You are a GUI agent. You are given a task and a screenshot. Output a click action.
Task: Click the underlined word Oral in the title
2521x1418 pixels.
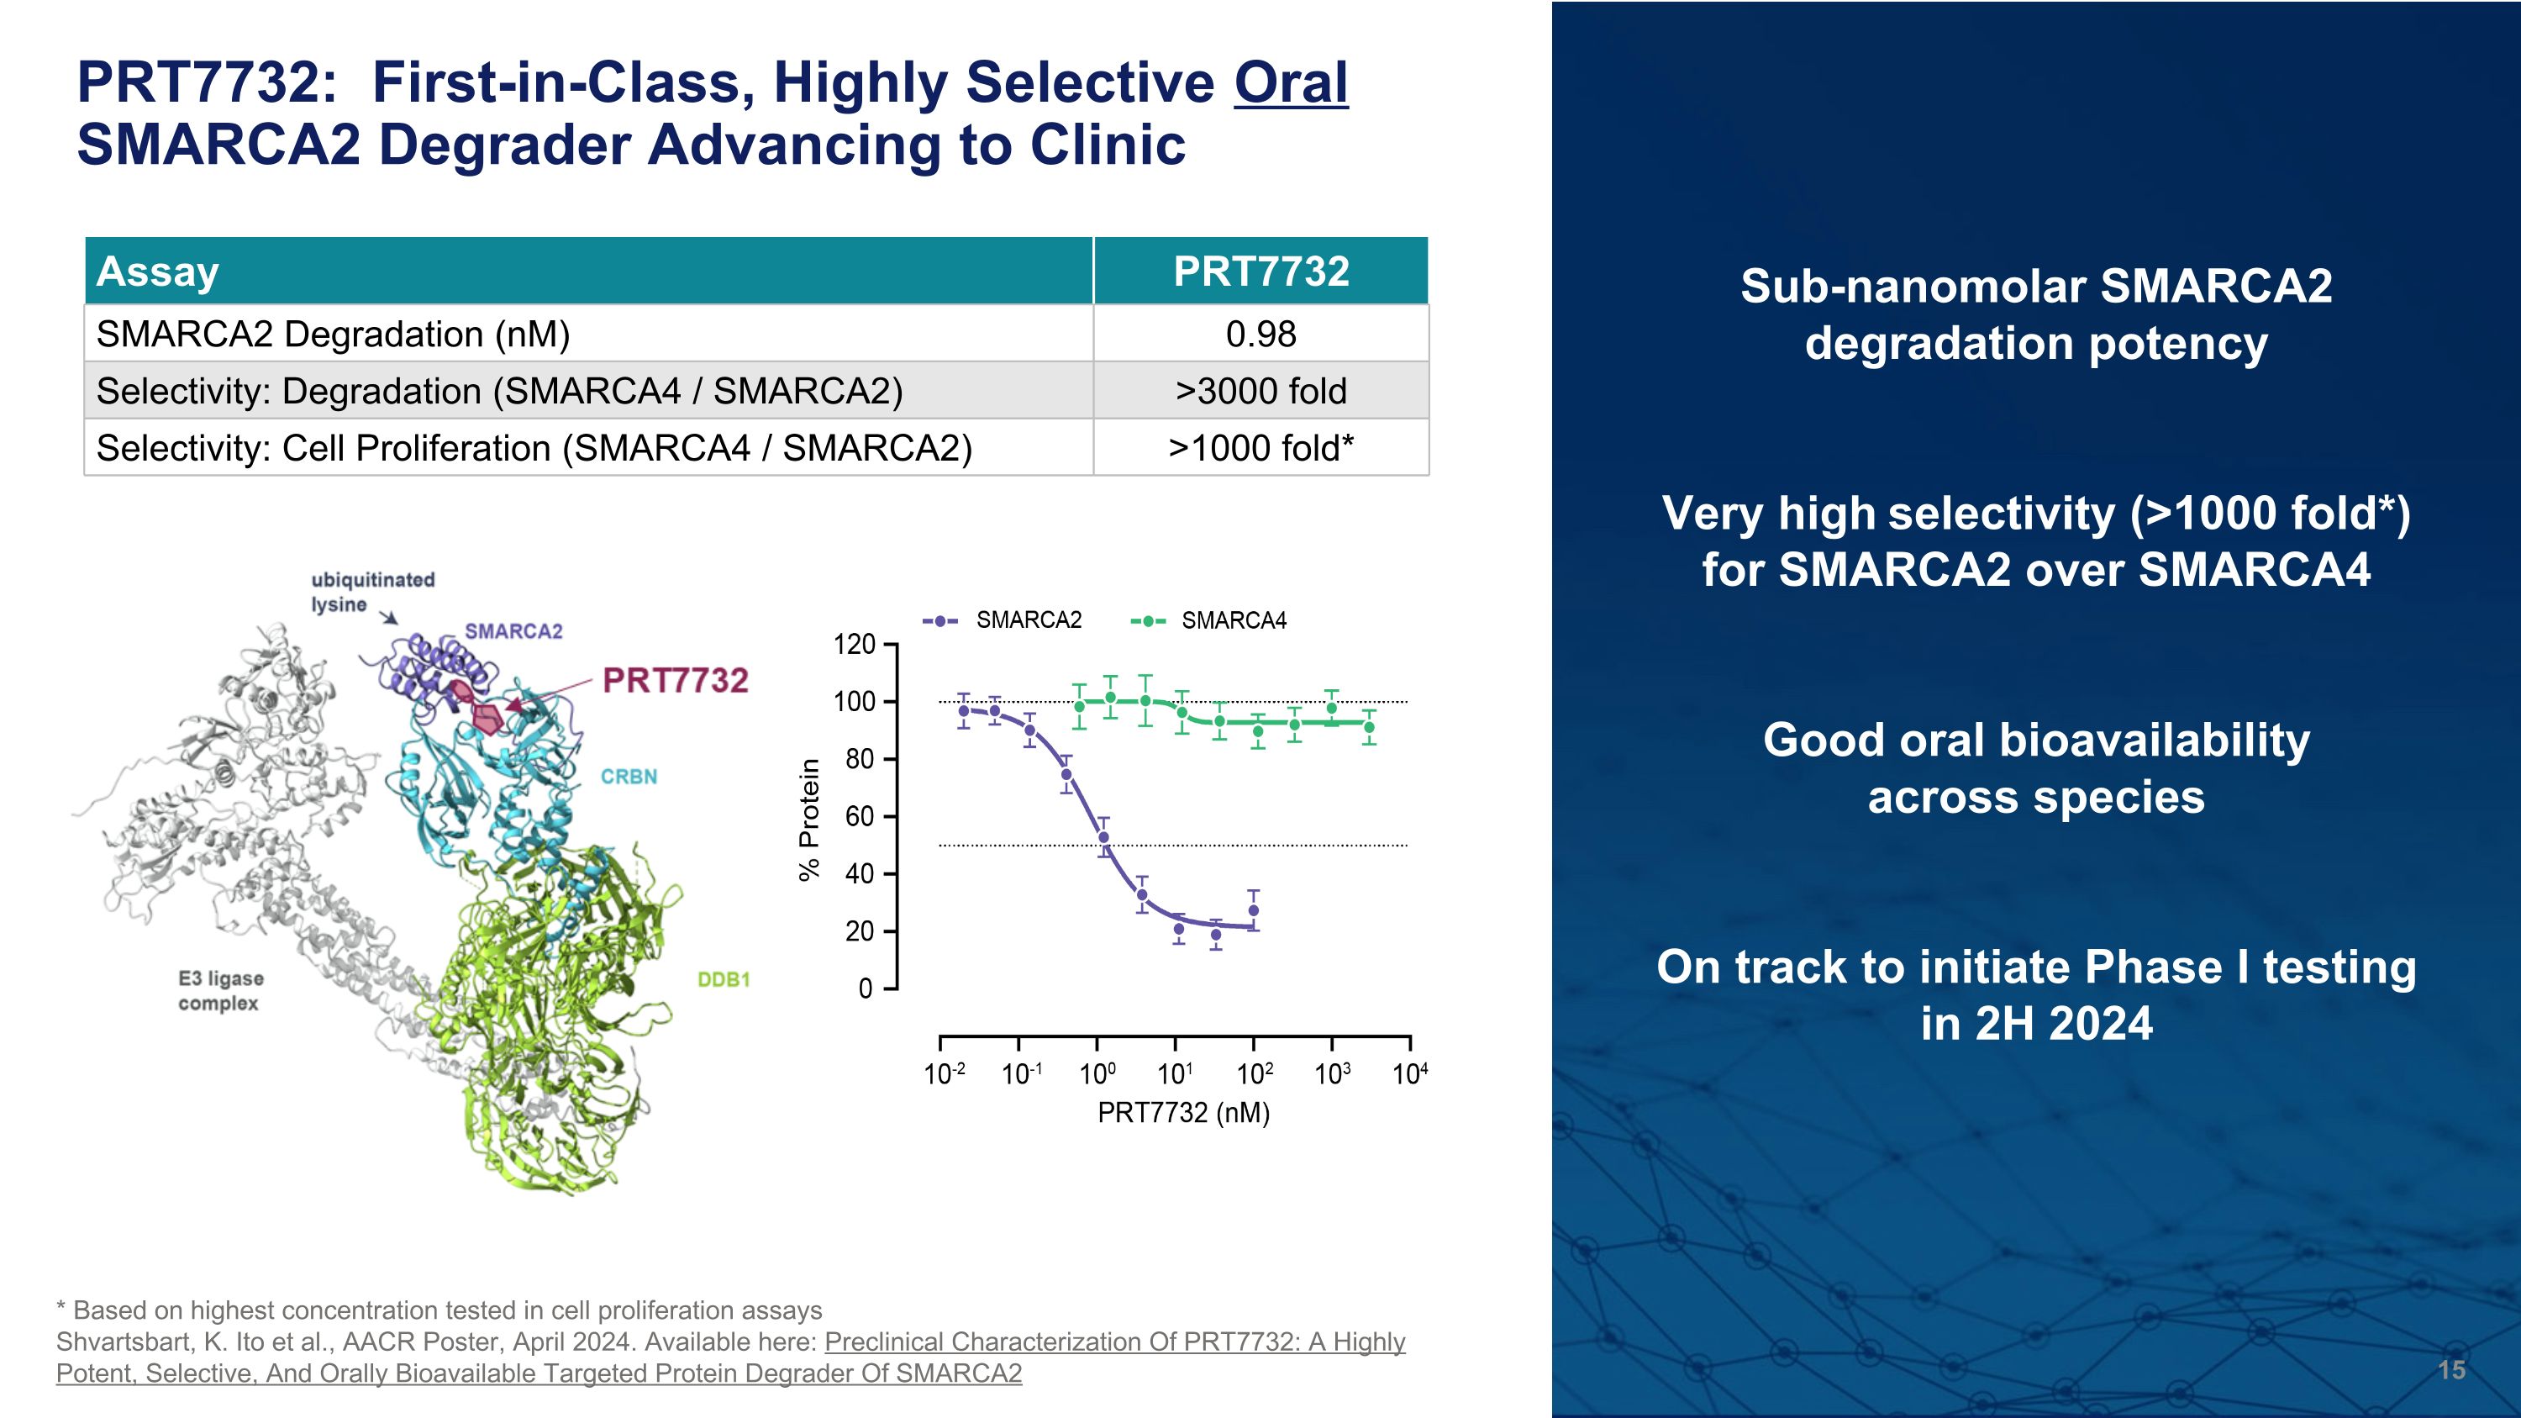pyautogui.click(x=1290, y=82)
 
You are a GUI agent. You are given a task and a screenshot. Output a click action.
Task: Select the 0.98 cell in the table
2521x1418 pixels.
pyautogui.click(x=1260, y=334)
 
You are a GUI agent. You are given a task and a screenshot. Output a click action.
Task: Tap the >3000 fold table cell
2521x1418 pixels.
pyautogui.click(x=1260, y=392)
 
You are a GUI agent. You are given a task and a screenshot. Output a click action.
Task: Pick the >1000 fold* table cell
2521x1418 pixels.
pyautogui.click(x=1260, y=448)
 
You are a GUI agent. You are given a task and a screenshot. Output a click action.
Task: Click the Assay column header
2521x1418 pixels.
pyautogui.click(x=158, y=271)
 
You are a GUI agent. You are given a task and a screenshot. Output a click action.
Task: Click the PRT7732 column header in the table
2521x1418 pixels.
pyautogui.click(x=1260, y=271)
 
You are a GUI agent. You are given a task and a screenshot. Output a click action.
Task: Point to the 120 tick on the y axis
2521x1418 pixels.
pyautogui.click(x=854, y=645)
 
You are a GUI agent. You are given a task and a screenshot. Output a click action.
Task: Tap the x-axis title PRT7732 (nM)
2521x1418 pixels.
pyautogui.click(x=1182, y=1113)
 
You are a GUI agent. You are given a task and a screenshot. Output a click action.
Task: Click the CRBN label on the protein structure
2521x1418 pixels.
pyautogui.click(x=629, y=777)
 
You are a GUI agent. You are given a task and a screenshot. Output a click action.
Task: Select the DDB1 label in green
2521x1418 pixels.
pyautogui.click(x=724, y=979)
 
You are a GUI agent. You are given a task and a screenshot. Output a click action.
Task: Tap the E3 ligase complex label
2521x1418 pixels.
pyautogui.click(x=220, y=990)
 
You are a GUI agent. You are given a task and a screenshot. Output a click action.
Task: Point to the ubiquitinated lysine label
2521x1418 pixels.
pyautogui.click(x=372, y=592)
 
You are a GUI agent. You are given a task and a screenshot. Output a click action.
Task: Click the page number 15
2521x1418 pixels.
pyautogui.click(x=2450, y=1369)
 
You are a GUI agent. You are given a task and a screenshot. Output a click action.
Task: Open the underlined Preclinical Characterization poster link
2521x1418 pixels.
pyautogui.click(x=1113, y=1342)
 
